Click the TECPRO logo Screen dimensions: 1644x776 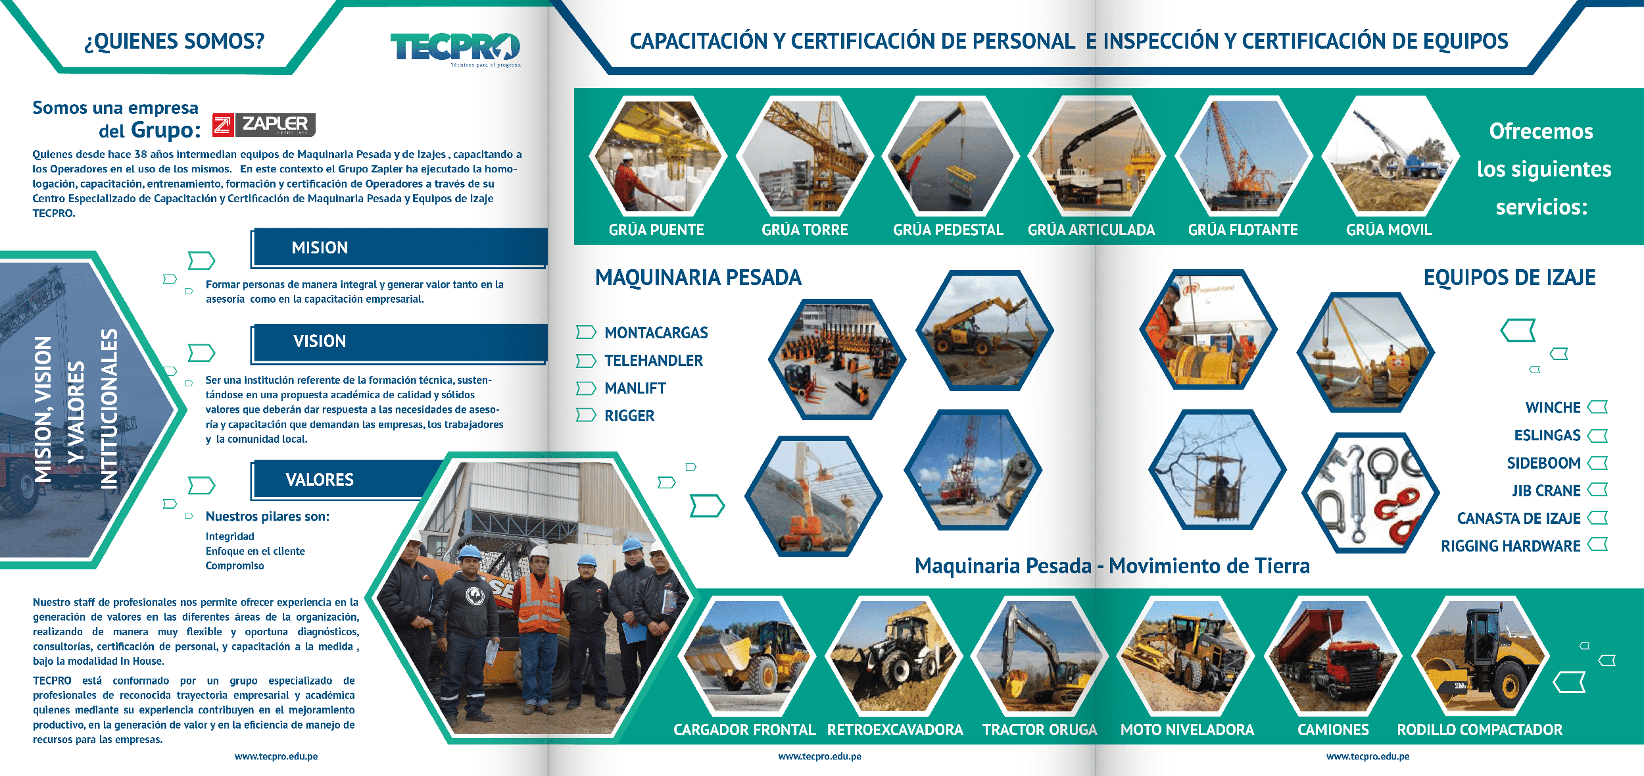(x=455, y=48)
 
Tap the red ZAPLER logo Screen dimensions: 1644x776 (x=264, y=124)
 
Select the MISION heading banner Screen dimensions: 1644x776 (x=399, y=247)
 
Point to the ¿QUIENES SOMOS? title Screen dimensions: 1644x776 (x=174, y=41)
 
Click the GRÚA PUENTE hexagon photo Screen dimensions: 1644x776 (x=658, y=156)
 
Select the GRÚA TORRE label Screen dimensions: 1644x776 (x=805, y=230)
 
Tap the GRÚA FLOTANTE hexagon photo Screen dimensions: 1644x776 (x=1243, y=156)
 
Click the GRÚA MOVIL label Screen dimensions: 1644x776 (x=1389, y=230)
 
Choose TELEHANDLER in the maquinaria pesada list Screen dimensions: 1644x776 (x=654, y=361)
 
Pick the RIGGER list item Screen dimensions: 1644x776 (x=629, y=416)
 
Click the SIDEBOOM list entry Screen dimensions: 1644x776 (x=1543, y=463)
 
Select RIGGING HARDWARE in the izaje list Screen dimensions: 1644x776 (x=1511, y=546)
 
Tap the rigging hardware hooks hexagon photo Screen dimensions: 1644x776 (x=1370, y=492)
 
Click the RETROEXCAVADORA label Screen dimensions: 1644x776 (x=895, y=730)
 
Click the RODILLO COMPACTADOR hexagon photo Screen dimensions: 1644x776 (x=1480, y=656)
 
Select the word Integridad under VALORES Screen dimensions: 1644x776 (x=230, y=536)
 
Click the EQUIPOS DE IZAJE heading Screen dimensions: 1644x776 (x=1509, y=278)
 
